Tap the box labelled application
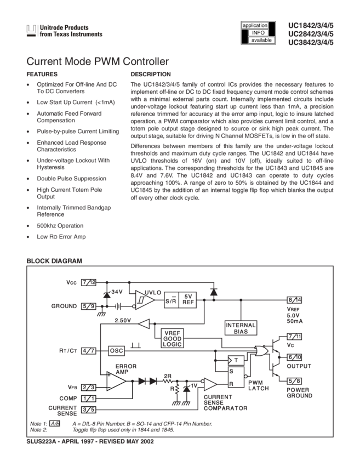(255, 26)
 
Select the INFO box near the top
(257, 33)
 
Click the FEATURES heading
(42, 73)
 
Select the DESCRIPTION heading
(151, 73)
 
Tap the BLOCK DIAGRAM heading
(54, 260)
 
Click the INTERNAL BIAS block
(237, 328)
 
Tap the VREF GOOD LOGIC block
(174, 336)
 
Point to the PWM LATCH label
(258, 385)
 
